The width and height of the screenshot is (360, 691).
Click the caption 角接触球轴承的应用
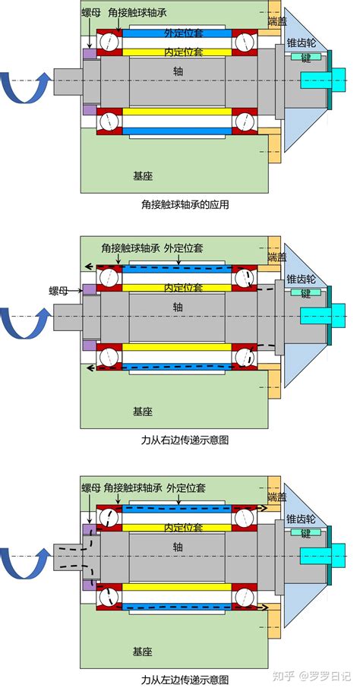(185, 204)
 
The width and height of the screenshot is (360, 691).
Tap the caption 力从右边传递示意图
(185, 440)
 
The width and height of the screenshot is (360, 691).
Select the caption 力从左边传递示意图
(185, 679)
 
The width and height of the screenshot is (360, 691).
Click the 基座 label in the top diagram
(143, 176)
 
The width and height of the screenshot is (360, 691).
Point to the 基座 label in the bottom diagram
(143, 652)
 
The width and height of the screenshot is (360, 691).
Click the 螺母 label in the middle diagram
(58, 290)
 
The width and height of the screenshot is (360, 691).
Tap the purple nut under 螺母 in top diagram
(90, 54)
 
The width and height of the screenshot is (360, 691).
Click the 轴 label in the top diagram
(178, 70)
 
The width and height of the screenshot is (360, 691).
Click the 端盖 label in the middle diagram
(277, 257)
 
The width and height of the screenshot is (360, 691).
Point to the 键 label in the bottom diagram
(306, 534)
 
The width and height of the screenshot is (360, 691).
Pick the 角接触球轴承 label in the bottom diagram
(133, 487)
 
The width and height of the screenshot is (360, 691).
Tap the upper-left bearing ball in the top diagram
(109, 43)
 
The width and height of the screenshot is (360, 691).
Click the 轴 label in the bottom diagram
(178, 547)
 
